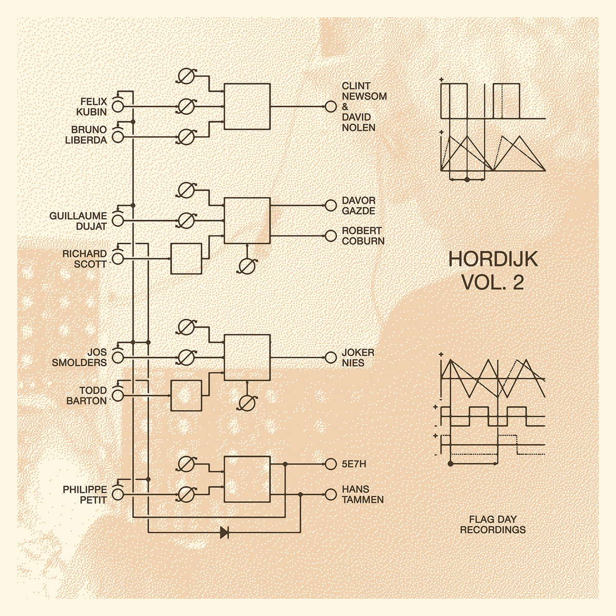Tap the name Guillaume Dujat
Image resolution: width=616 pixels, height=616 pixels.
pos(79,221)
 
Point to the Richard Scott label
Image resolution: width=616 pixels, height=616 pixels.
pos(85,258)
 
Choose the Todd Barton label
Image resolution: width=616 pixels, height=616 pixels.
pos(87,396)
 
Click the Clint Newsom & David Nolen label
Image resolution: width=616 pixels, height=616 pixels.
pos(364,106)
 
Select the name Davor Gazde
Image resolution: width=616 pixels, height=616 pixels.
pos(359,206)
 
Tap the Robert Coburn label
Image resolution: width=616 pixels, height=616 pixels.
pos(363,236)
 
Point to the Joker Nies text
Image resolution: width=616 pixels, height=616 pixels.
pos(354,357)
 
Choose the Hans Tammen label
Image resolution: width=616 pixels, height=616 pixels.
pos(362,494)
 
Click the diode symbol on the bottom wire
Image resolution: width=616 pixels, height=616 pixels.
pos(224,532)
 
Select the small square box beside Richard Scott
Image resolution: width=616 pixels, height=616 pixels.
pos(186,259)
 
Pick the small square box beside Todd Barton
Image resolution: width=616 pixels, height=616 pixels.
pos(186,396)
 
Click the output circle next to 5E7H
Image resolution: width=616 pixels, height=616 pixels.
pos(330,465)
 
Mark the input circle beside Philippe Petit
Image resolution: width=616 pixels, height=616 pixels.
pos(118,494)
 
